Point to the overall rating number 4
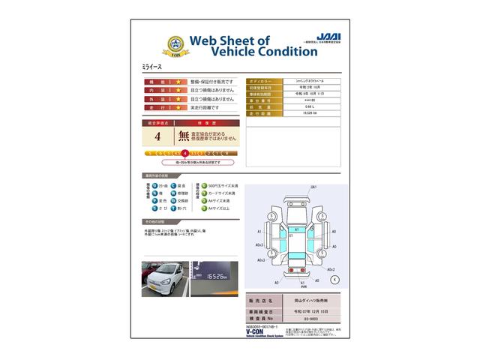(x=157, y=136)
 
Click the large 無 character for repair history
(x=183, y=136)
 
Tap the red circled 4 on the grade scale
(x=184, y=152)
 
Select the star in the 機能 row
(x=178, y=81)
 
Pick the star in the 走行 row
(x=178, y=107)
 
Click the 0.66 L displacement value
(x=289, y=106)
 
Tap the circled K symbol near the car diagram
(x=334, y=278)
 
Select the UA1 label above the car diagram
(x=313, y=187)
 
